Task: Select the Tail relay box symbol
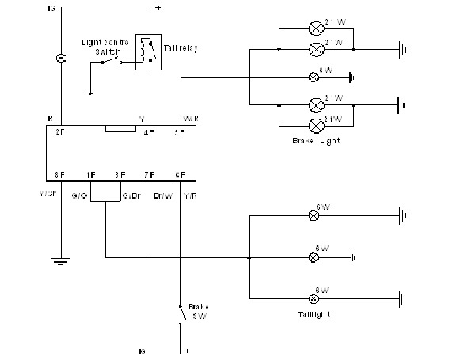(145, 52)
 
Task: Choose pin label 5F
(180, 131)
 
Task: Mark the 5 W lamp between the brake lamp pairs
(313, 77)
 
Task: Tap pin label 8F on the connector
(59, 175)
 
